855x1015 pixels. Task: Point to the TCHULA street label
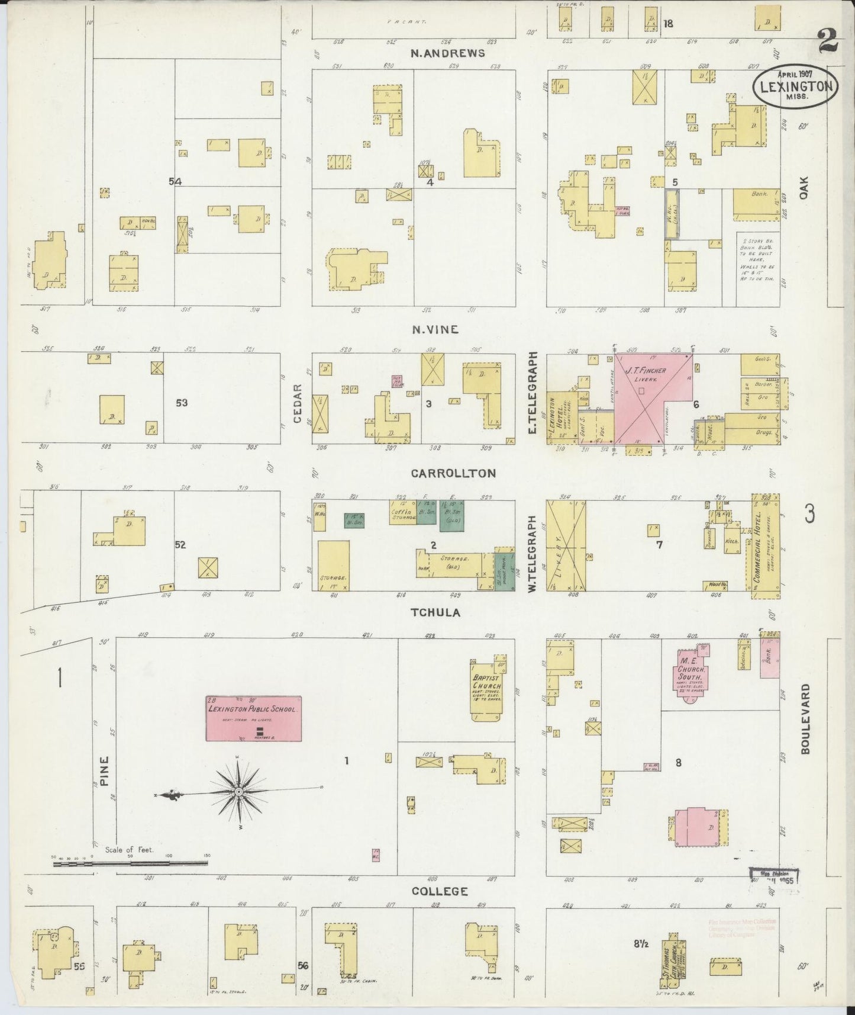click(x=435, y=613)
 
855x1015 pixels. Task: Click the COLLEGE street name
click(x=439, y=891)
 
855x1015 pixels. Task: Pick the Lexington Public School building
click(x=253, y=718)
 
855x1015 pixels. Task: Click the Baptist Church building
click(x=487, y=687)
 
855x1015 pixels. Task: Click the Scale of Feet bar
click(x=130, y=864)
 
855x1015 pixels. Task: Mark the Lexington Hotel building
click(x=559, y=417)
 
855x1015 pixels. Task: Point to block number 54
click(x=175, y=182)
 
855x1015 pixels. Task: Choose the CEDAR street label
click(x=298, y=403)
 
